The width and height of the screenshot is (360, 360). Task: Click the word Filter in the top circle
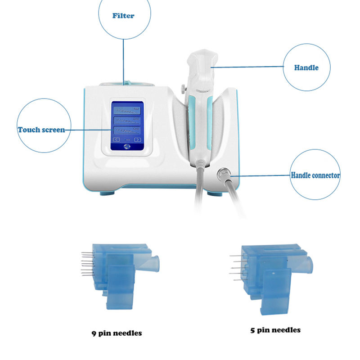coord(123,16)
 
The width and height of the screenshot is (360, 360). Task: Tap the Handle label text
coord(306,68)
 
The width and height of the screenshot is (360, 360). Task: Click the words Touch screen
coord(41,130)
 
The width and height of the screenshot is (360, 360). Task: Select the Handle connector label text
coord(315,175)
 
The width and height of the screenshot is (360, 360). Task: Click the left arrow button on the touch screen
coord(116,139)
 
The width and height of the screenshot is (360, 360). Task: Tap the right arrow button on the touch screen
coord(137,139)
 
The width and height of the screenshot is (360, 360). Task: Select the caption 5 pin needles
coord(275,330)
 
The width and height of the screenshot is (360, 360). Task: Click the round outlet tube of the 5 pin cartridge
coord(306,264)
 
